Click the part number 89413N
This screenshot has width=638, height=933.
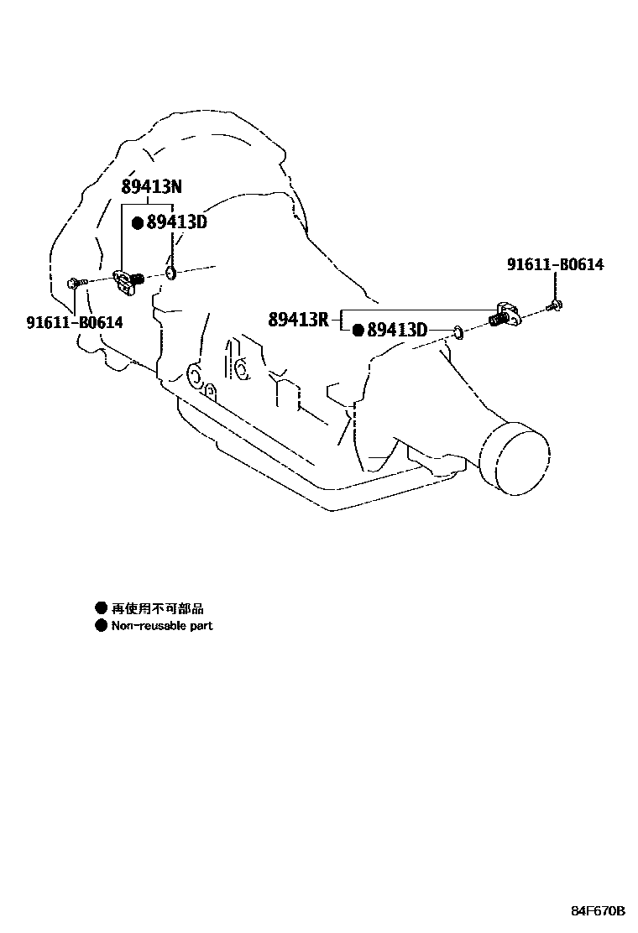[152, 186]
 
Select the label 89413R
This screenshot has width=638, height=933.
[299, 319]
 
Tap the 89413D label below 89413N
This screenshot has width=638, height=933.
[176, 222]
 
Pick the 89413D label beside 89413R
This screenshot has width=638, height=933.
[397, 331]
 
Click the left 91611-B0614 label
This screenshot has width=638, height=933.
[75, 321]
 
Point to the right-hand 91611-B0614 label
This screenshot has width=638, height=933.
[555, 265]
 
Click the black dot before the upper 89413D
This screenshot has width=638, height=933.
[138, 223]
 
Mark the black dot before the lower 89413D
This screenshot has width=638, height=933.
[358, 331]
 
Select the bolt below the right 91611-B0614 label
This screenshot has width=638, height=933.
[555, 307]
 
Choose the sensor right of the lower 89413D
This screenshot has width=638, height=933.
[504, 315]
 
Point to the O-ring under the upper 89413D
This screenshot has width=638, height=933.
[170, 273]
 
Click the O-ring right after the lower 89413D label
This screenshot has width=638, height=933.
[458, 333]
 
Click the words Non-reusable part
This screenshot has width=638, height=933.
[162, 626]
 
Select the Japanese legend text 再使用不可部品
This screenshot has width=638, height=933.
[158, 608]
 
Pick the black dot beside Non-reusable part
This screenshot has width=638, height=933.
[102, 626]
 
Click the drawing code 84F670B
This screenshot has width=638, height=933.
[599, 910]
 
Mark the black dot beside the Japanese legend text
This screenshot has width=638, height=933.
[102, 608]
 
